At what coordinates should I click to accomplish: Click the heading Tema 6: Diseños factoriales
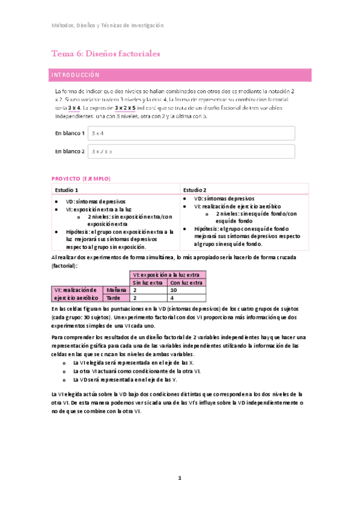pos(105,54)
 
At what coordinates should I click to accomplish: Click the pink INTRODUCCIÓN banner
pos(180,75)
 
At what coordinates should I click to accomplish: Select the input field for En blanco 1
pos(191,133)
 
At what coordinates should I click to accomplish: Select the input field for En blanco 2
pos(191,152)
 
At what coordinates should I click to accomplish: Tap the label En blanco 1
pos(70,133)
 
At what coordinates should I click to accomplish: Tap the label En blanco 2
pos(70,152)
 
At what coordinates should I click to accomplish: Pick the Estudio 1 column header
pos(67,189)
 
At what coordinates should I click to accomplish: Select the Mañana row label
pos(116,289)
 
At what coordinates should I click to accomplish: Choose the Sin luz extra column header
pos(148,281)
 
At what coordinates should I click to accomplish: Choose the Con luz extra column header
pos(186,281)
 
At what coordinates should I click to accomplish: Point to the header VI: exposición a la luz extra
pos(168,274)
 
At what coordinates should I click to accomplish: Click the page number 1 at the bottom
pos(179,478)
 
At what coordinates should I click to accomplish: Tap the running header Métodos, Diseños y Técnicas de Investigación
pos(107,25)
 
